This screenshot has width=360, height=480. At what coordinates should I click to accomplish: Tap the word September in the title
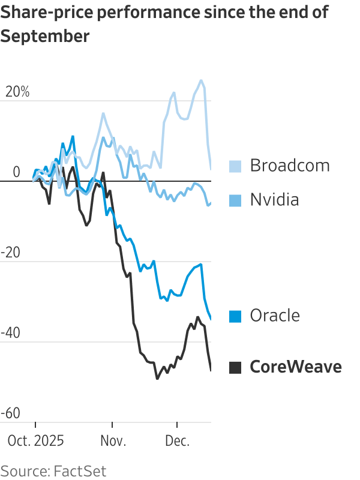pos(45,36)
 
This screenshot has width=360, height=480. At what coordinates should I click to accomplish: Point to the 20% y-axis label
pos(17,92)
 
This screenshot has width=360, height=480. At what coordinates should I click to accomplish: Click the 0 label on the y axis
pos(16,172)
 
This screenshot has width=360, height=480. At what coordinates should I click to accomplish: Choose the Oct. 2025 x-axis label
pos(35,441)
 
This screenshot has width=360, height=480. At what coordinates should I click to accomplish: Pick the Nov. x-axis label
pos(113,441)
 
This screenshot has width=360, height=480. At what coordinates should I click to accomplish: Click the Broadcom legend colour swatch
pos(235,166)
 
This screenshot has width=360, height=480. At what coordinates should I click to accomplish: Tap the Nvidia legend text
pos(274,200)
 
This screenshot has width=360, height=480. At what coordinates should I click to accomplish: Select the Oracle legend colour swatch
pos(235,316)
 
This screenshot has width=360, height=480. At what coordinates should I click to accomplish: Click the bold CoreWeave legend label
pos(295,367)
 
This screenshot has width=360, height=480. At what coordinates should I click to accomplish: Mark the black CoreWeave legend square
pos(235,367)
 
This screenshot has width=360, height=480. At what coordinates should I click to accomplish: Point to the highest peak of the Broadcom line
pos(201,80)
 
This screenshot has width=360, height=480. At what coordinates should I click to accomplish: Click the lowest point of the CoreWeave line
pos(157,379)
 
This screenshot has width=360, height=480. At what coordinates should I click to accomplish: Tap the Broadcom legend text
pos(290,165)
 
